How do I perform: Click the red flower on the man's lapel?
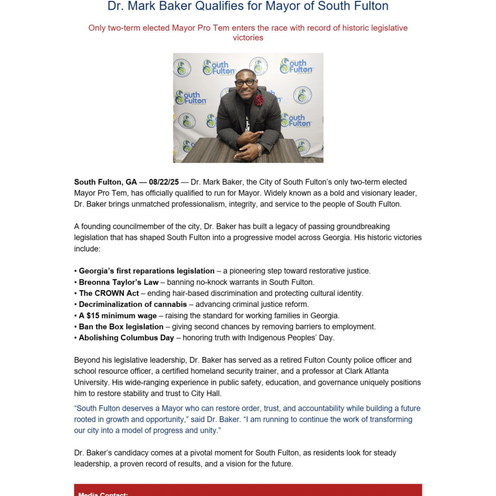click(259, 100)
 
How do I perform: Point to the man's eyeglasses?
click(246, 83)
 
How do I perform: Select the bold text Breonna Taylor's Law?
click(119, 282)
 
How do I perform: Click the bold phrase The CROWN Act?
click(109, 293)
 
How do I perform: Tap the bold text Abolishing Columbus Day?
click(126, 338)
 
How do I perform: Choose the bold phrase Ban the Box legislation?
click(121, 326)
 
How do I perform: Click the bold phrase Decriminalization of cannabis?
click(133, 304)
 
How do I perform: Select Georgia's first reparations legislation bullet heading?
click(146, 271)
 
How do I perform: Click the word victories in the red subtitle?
click(248, 38)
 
